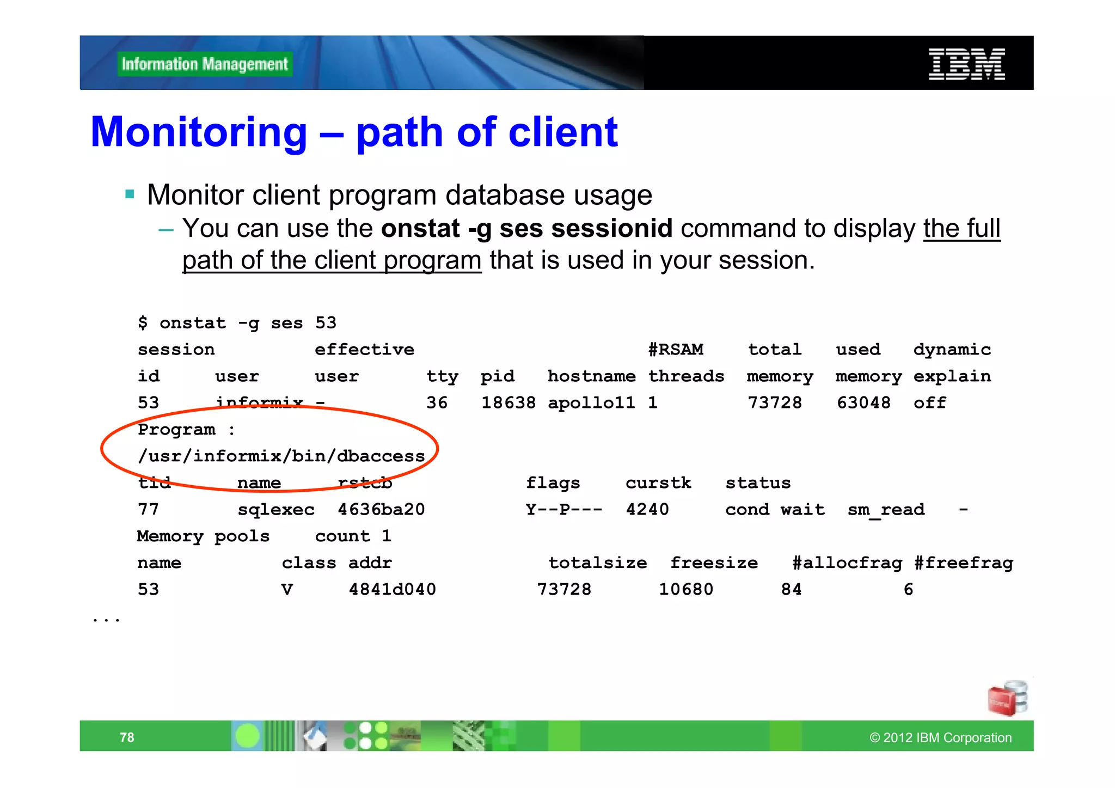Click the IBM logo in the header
tap(966, 64)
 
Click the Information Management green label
tap(205, 64)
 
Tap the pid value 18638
tap(508, 402)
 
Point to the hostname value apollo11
tap(591, 402)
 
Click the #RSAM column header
tap(676, 349)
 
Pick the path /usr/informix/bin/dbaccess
tap(281, 456)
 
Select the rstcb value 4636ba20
tap(381, 509)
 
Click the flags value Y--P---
tap(564, 509)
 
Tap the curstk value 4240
tap(647, 509)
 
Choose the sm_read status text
tap(886, 510)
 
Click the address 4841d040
tap(392, 589)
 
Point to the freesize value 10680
tap(686, 589)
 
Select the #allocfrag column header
tap(847, 563)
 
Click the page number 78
tap(127, 737)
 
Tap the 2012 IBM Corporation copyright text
tap(940, 738)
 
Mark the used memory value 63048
tap(863, 402)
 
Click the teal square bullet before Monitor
tap(130, 194)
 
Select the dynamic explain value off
tap(930, 402)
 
